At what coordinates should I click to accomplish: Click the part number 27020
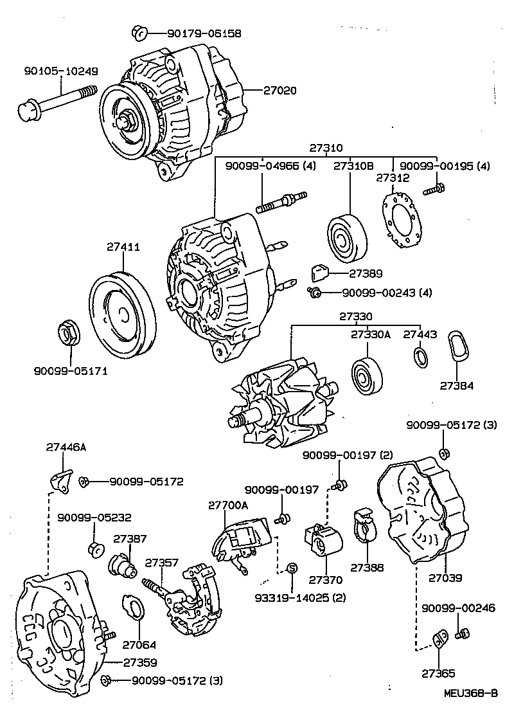(x=279, y=91)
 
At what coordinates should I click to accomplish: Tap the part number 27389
(x=366, y=273)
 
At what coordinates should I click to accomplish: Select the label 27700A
(x=227, y=505)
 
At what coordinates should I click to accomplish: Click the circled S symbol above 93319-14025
(x=291, y=568)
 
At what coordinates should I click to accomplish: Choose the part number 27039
(x=446, y=578)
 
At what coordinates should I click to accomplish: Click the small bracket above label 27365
(x=439, y=638)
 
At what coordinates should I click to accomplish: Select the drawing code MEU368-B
(x=470, y=693)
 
